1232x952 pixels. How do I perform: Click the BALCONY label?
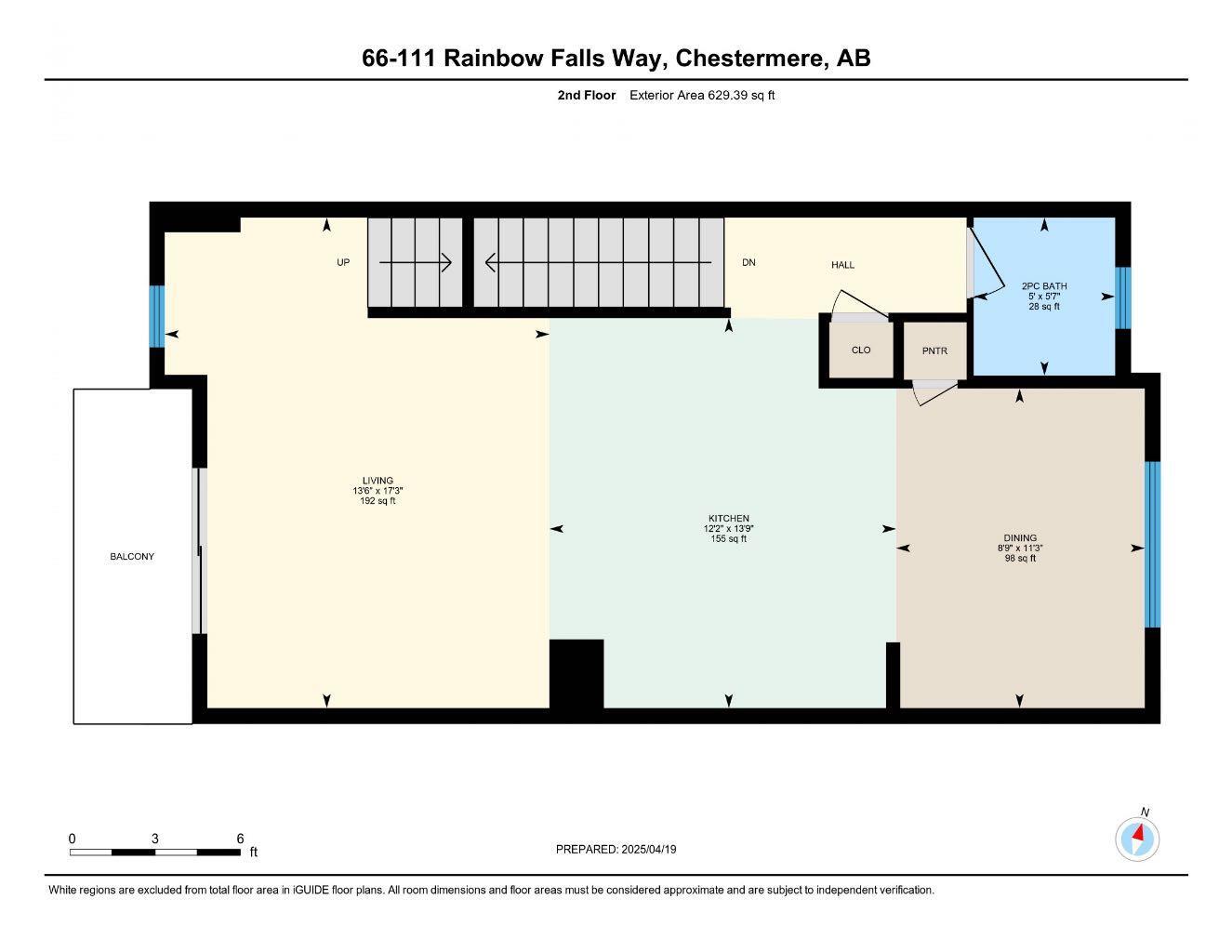[x=131, y=557]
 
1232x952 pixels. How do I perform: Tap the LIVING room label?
[x=378, y=481]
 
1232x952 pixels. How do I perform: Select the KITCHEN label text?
[x=729, y=519]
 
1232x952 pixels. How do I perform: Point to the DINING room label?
[x=1020, y=537]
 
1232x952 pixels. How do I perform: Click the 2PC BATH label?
[x=1044, y=286]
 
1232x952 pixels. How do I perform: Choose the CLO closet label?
[x=861, y=350]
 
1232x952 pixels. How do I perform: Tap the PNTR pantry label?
[x=934, y=351]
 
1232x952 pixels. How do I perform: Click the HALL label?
[x=842, y=265]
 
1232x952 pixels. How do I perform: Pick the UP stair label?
[x=343, y=262]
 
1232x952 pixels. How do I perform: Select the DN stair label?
[x=748, y=262]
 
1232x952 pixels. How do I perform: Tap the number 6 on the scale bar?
[x=240, y=838]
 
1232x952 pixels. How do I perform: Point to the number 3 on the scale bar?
[x=154, y=838]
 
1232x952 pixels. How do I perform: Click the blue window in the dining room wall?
[x=1153, y=545]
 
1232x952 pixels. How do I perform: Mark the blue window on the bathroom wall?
[x=1122, y=298]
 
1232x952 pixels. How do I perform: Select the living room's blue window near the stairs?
[x=157, y=316]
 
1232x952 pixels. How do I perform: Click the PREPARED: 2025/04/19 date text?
[x=616, y=849]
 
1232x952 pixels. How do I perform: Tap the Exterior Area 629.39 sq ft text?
[x=702, y=95]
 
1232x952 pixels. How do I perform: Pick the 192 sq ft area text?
[x=378, y=501]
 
